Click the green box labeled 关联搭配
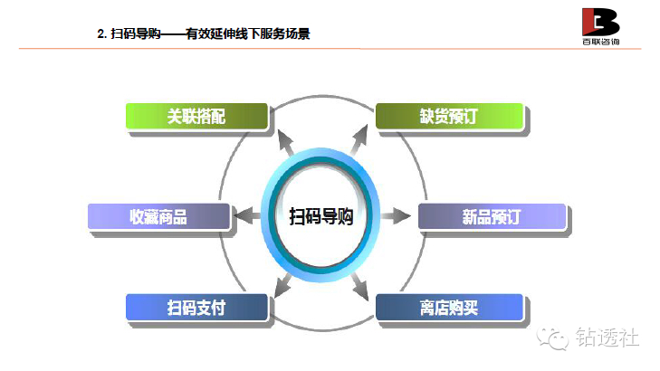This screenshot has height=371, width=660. (x=196, y=117)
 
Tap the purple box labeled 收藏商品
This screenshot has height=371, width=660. (x=158, y=216)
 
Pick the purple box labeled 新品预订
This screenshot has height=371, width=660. (x=491, y=216)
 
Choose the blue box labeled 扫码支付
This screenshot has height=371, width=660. (x=196, y=308)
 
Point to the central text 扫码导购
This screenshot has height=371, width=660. (x=321, y=217)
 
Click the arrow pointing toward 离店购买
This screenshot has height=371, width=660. (x=359, y=286)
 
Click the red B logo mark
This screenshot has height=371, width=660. (x=600, y=21)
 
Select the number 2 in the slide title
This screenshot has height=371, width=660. (x=100, y=34)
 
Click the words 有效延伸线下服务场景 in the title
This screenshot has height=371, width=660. (x=249, y=34)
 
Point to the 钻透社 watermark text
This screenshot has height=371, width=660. (x=607, y=337)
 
